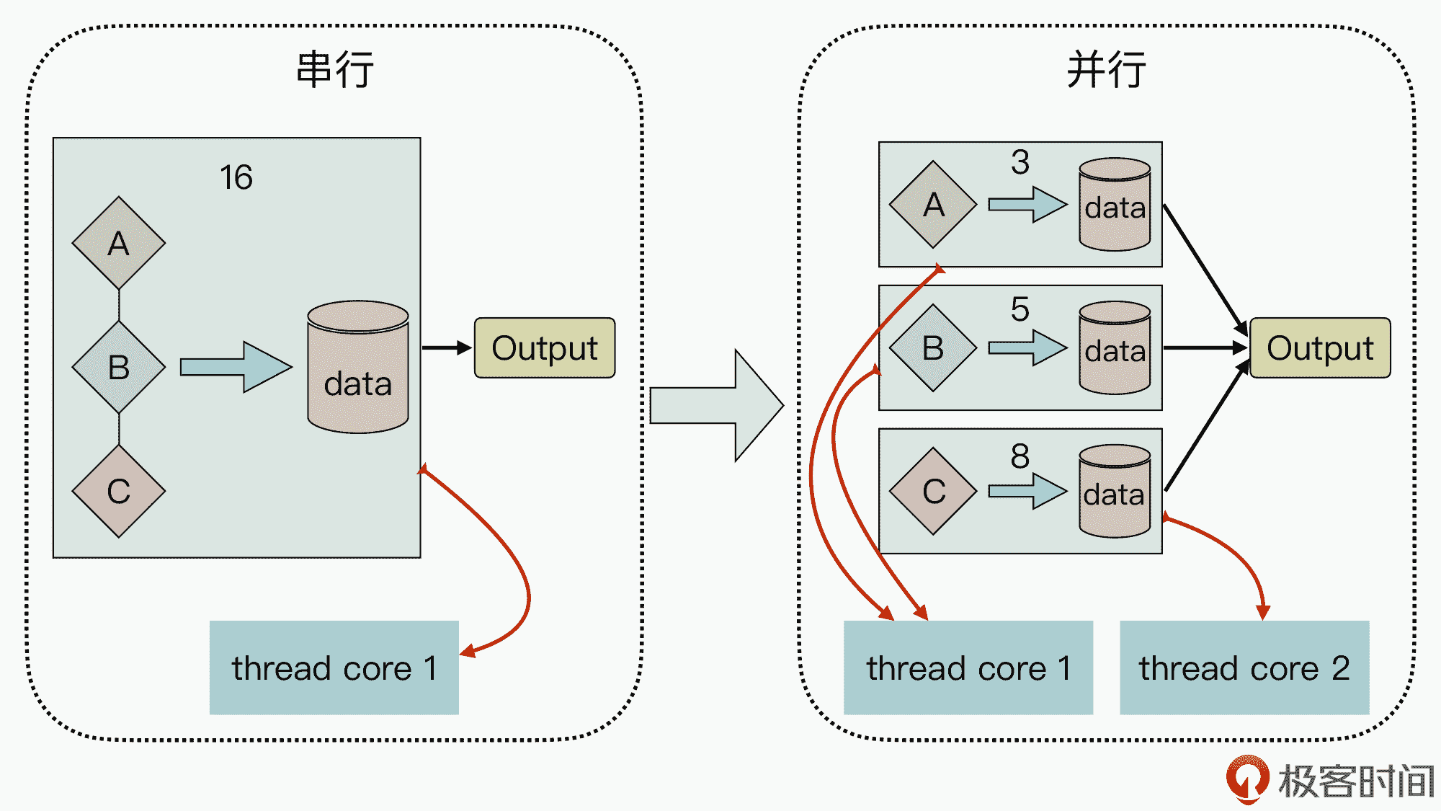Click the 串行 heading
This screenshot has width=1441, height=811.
(335, 70)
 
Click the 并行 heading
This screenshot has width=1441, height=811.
(1106, 70)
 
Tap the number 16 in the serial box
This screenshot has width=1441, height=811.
(236, 177)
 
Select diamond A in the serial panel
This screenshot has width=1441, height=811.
(119, 243)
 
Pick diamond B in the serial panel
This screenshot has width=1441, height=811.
(119, 367)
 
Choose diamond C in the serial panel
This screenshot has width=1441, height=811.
(119, 491)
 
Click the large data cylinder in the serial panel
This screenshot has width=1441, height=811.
(358, 368)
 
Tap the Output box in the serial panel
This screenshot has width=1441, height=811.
(545, 348)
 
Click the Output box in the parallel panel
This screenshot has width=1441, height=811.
(1320, 348)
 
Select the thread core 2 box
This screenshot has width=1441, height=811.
(1244, 668)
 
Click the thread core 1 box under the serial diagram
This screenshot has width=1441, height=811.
(334, 668)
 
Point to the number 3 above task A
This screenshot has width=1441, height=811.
(1020, 162)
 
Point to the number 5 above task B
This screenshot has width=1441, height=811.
(1020, 309)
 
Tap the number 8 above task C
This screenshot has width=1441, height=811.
(1020, 456)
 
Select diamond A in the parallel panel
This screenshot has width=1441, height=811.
(933, 205)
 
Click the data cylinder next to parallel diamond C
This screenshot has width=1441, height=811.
(1115, 492)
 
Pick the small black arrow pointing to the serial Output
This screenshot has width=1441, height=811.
(447, 348)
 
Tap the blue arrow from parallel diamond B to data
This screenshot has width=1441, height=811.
(1027, 347)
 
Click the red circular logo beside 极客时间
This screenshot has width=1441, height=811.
(1247, 779)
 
